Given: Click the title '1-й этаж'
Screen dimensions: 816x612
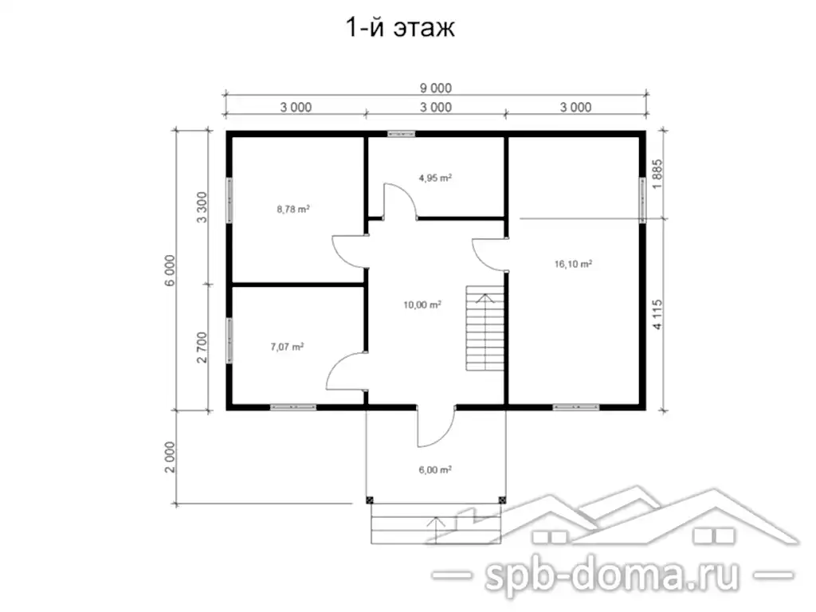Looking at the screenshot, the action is [x=400, y=28].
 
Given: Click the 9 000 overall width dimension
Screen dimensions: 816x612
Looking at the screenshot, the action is [x=436, y=88].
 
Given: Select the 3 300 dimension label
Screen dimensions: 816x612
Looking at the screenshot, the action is [x=202, y=207].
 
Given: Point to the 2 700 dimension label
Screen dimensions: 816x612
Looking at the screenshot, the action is [x=202, y=347].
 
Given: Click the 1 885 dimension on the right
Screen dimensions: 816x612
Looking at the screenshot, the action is [x=657, y=175].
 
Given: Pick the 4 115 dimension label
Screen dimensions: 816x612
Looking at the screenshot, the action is [x=657, y=314].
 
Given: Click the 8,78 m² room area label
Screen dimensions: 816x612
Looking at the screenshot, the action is [x=293, y=210].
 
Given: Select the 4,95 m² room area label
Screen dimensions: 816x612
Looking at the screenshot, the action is [x=435, y=178].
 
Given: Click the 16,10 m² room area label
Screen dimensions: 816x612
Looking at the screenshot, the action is [x=573, y=265].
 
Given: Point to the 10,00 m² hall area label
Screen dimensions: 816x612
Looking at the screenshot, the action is [x=422, y=305].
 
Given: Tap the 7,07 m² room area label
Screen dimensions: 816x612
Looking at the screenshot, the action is [x=287, y=347].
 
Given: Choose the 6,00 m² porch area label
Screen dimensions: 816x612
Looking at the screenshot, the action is [x=435, y=470].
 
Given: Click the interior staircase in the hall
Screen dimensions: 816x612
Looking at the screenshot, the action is [x=485, y=328].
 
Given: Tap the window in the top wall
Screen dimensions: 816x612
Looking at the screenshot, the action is [x=402, y=134].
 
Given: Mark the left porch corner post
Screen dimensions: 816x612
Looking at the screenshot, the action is [x=370, y=500].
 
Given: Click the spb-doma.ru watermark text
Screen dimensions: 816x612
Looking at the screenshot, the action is [x=612, y=575].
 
